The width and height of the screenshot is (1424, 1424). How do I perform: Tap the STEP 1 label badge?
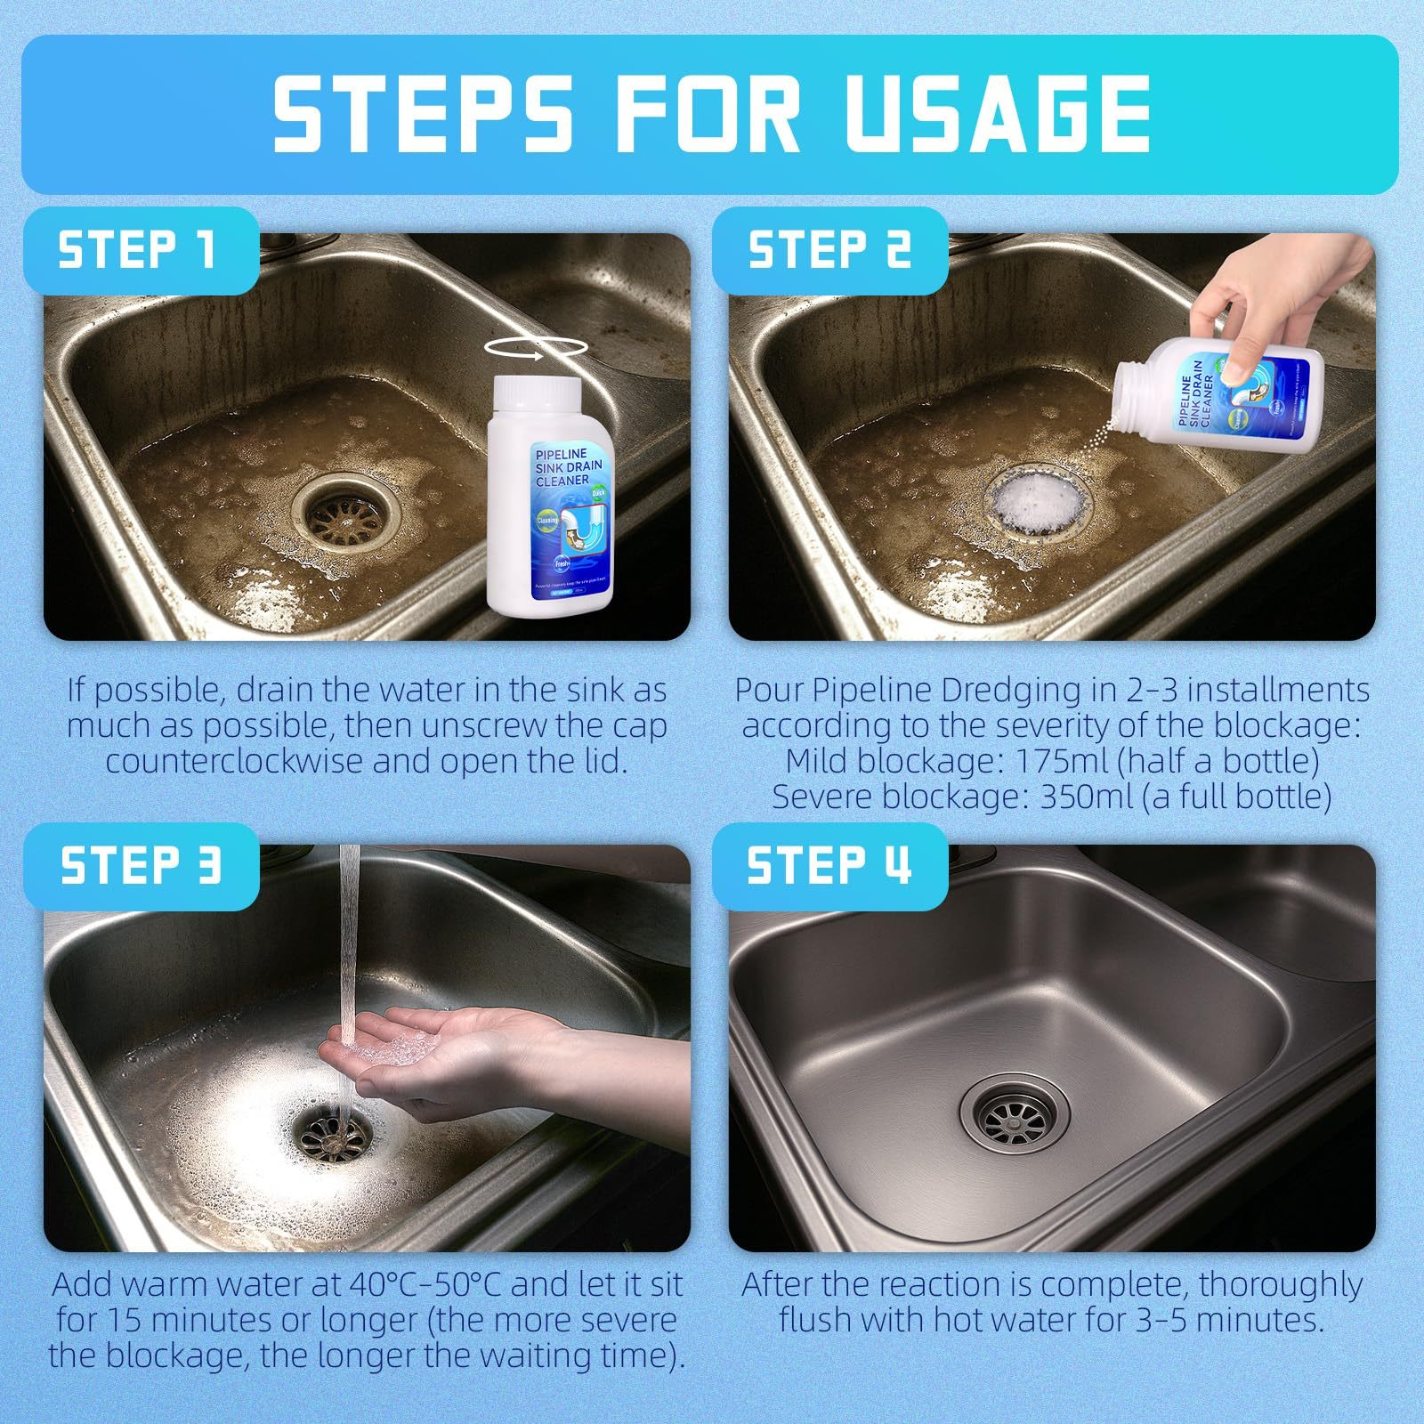tap(138, 250)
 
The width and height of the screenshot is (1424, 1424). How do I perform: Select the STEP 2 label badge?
tap(829, 250)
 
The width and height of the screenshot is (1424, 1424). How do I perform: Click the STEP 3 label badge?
tap(140, 865)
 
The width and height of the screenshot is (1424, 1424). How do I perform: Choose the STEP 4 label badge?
tap(829, 865)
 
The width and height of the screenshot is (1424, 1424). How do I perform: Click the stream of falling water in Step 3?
tap(350, 934)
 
